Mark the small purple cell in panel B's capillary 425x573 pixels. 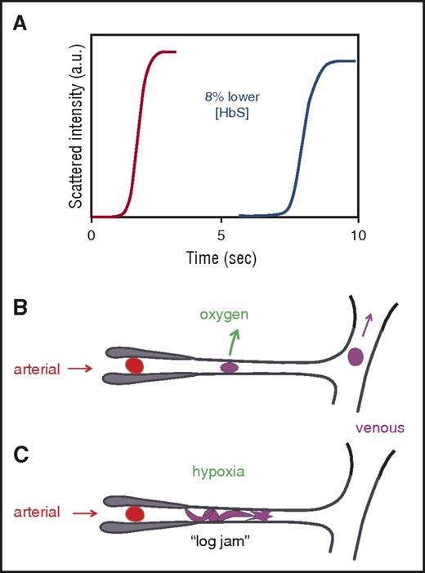tap(230, 368)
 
